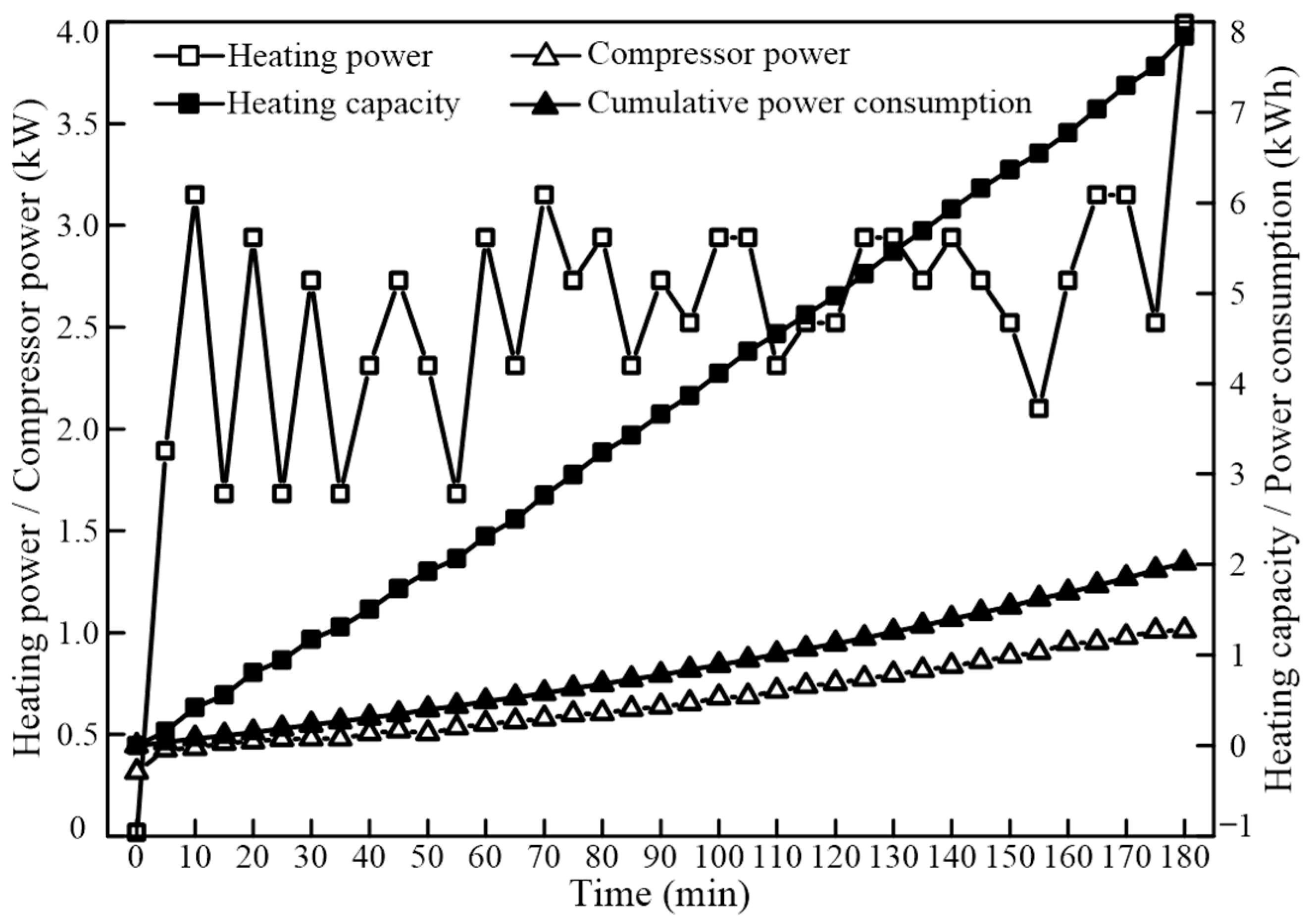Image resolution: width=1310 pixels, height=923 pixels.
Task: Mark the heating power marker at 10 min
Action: [x=195, y=195]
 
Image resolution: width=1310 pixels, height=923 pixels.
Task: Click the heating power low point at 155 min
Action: [x=1039, y=409]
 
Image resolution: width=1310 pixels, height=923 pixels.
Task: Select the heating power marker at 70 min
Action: [x=544, y=195]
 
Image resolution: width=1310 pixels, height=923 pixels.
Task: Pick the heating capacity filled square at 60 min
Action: [x=486, y=537]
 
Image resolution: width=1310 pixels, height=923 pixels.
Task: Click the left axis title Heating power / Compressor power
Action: [x=29, y=431]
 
